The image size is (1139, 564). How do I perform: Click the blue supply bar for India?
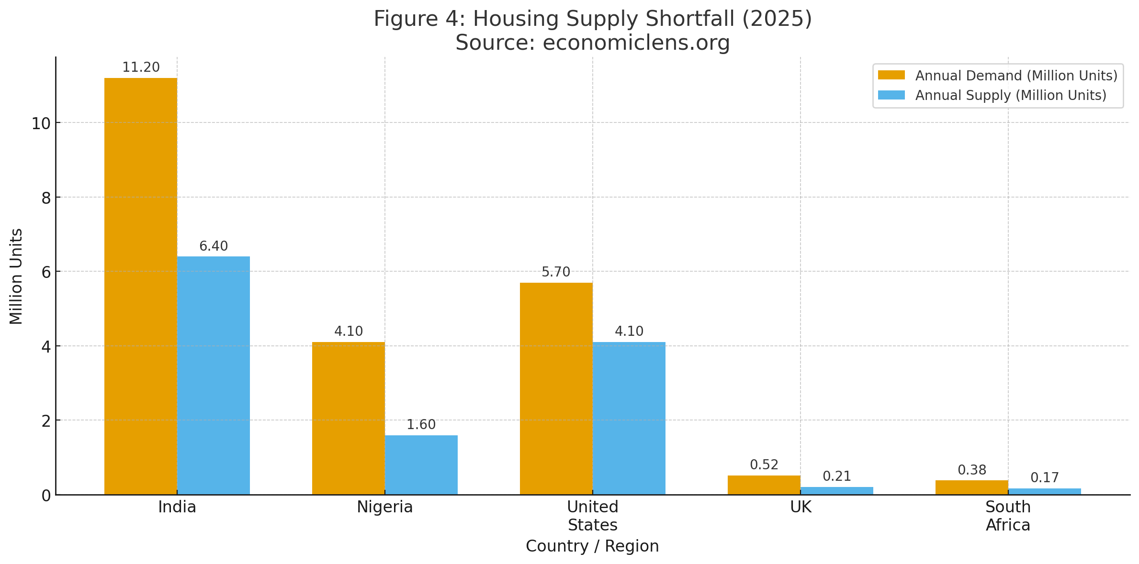213,376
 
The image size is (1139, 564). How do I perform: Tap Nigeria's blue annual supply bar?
421,464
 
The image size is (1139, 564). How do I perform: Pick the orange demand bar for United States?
556,388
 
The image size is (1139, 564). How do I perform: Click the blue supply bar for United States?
629,418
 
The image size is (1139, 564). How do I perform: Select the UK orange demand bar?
764,485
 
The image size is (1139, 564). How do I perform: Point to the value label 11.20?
141,67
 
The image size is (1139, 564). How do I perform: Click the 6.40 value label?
214,246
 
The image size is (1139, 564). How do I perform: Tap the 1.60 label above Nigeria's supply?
421,425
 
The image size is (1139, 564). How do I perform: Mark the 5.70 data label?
556,272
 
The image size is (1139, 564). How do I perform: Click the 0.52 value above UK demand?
764,465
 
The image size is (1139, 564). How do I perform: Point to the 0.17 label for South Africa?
1045,478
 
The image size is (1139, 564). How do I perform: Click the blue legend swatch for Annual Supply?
891,95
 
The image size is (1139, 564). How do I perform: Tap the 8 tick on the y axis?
46,198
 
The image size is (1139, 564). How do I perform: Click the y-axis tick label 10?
41,124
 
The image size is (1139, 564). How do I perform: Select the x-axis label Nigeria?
384,507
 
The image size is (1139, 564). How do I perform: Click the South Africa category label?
1008,516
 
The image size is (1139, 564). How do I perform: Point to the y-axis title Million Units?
16,276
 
